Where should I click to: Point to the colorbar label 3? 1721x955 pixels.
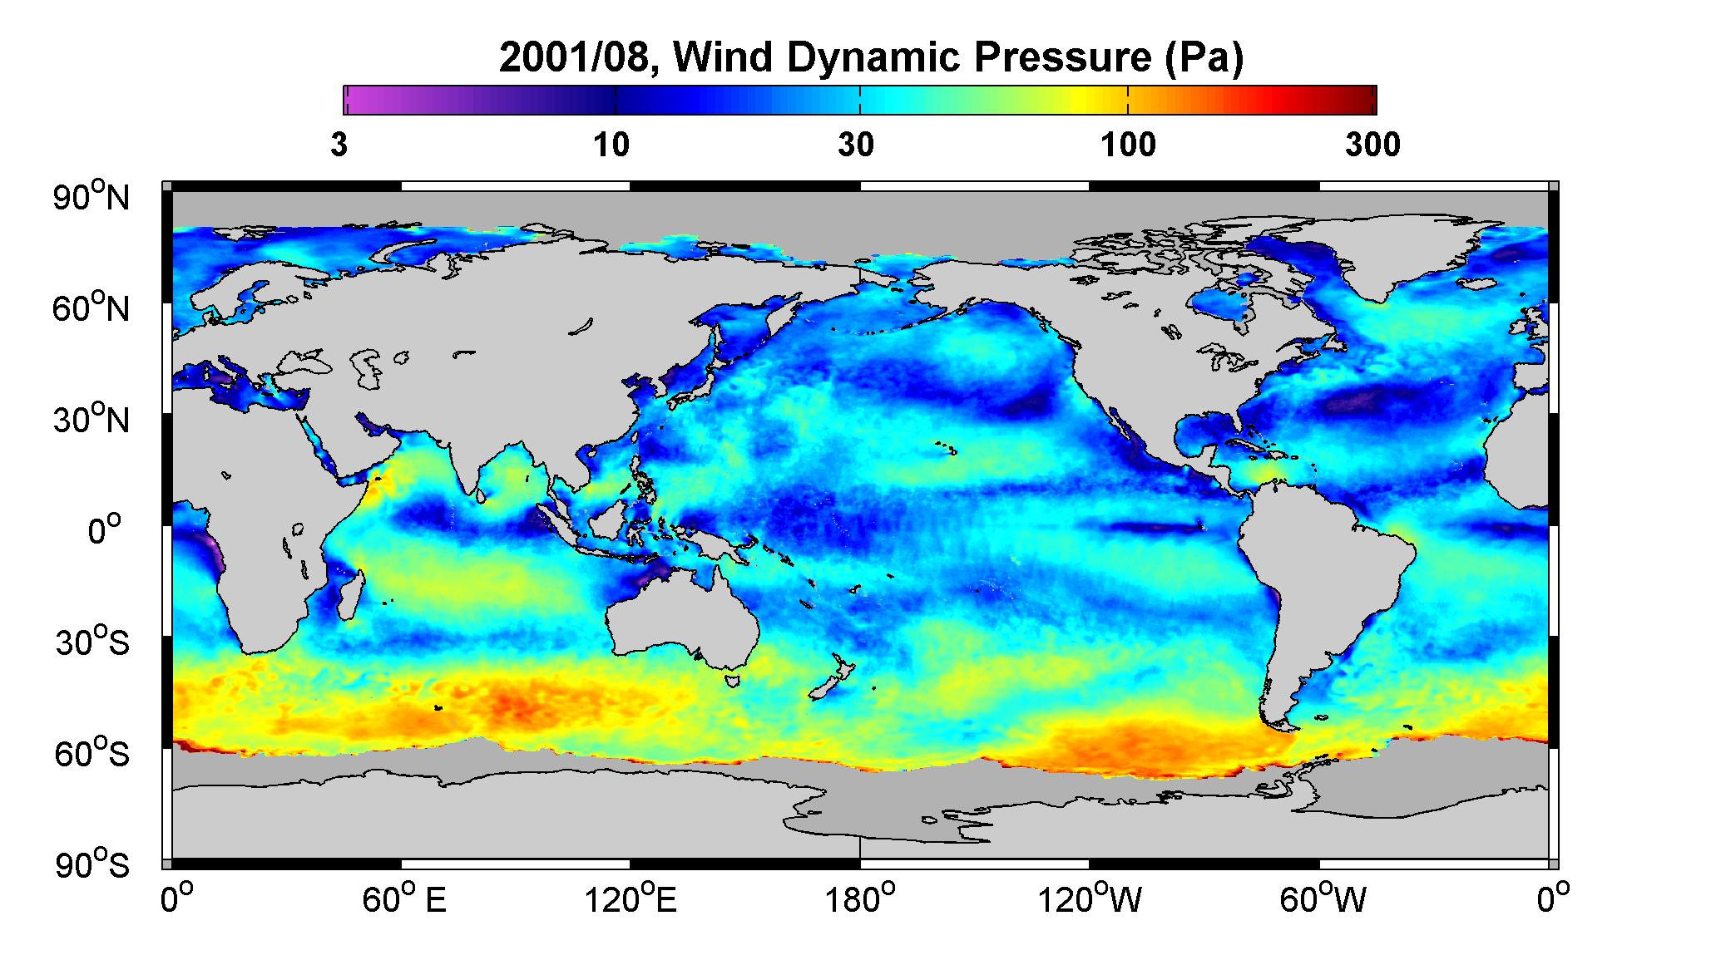[x=339, y=145]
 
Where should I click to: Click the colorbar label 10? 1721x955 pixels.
[x=612, y=145]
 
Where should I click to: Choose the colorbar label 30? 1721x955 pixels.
[x=857, y=145]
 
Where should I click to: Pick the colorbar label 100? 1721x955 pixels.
[x=1129, y=145]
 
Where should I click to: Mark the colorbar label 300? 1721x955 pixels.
[x=1372, y=145]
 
